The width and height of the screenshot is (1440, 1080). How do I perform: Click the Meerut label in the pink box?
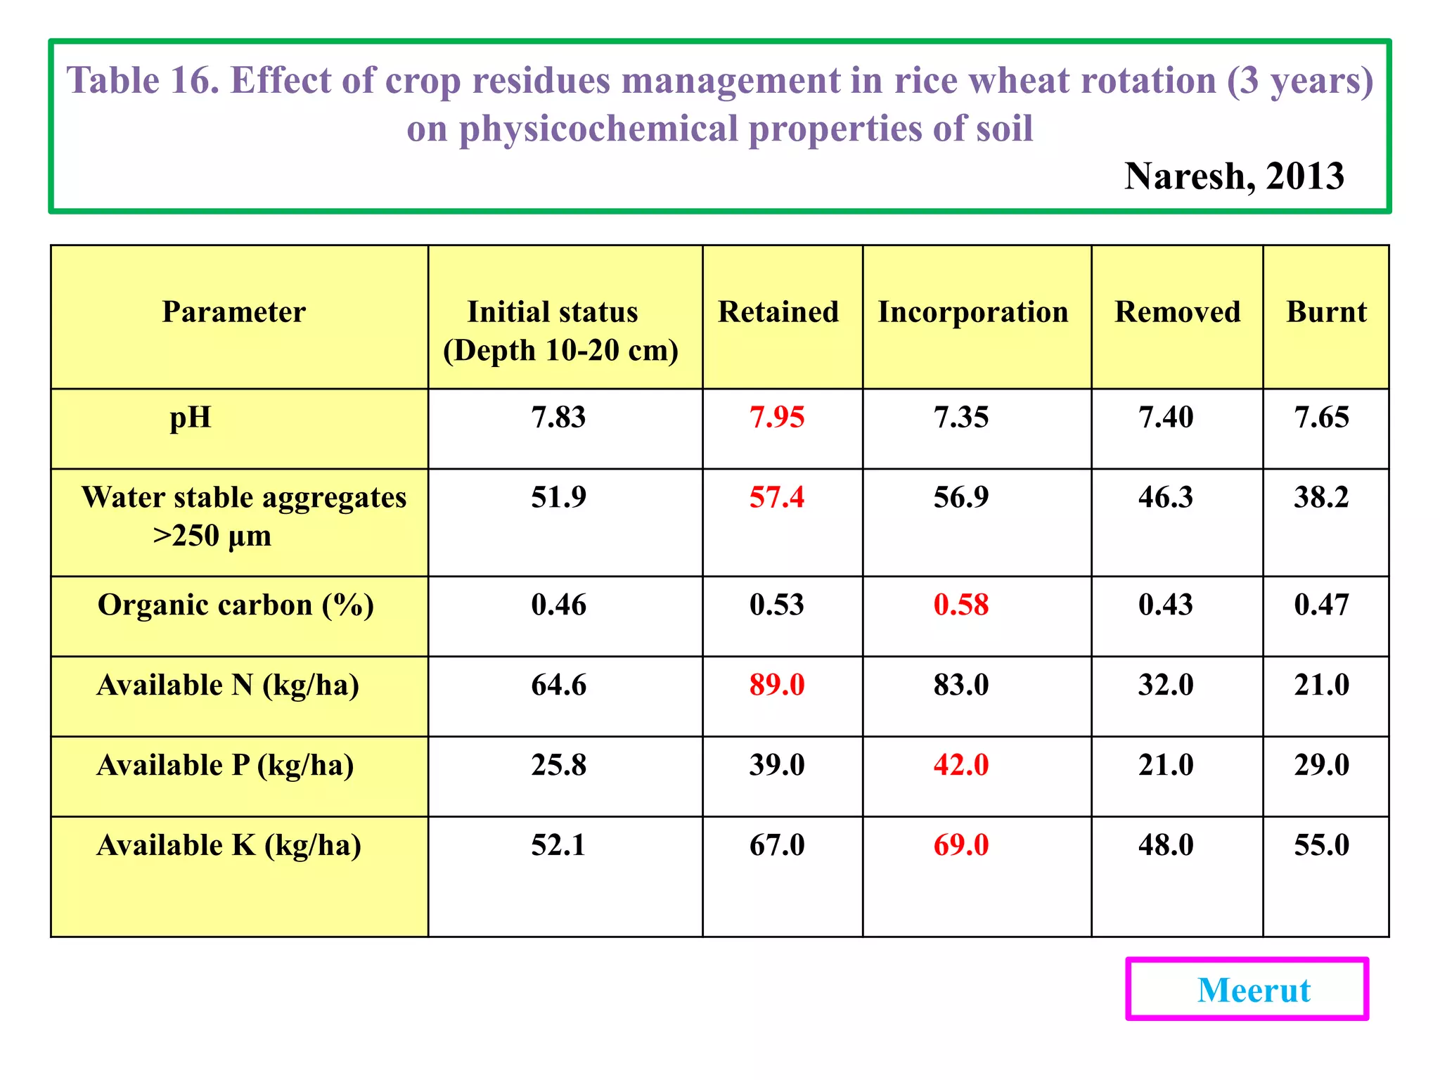point(1254,990)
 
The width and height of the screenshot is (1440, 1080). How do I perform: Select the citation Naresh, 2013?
point(1234,176)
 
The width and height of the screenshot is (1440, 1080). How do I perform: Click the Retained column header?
point(778,311)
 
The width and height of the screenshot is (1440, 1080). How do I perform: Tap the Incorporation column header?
point(973,311)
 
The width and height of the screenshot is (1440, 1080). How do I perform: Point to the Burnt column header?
point(1326,311)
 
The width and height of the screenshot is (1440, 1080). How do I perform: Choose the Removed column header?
point(1178,311)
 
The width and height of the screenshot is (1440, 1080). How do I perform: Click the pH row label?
point(191,418)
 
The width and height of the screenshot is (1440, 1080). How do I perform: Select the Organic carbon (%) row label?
point(236,605)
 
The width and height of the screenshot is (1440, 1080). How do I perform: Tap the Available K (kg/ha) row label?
point(229,845)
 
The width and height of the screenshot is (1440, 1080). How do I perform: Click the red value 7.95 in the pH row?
point(777,418)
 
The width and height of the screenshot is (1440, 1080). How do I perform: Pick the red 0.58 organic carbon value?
point(960,605)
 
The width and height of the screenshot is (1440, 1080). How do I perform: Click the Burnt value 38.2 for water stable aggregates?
point(1321,498)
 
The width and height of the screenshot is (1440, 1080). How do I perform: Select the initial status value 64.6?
point(558,686)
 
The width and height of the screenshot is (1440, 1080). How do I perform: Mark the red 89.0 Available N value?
point(777,686)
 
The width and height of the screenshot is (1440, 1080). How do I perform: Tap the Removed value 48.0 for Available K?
point(1166,845)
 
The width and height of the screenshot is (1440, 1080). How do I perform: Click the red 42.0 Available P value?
point(960,765)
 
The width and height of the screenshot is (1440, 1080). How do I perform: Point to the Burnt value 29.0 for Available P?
point(1321,765)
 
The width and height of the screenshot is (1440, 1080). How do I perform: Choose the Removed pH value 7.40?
point(1166,418)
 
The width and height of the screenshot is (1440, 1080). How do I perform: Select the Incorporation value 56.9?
point(960,498)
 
